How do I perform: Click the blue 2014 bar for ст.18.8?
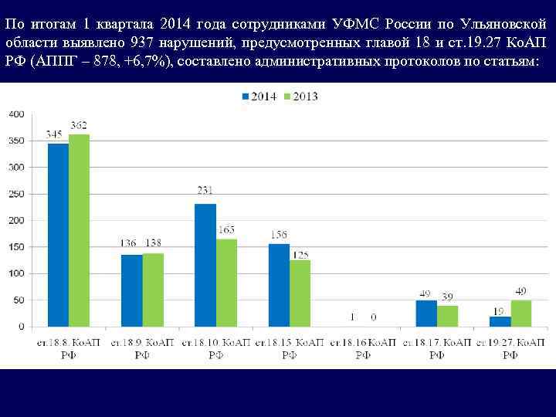(58, 235)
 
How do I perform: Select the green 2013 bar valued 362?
(79, 230)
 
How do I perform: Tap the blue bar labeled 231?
(205, 265)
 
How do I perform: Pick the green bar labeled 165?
(226, 283)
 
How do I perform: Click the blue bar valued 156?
(279, 285)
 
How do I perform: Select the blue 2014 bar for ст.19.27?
(500, 321)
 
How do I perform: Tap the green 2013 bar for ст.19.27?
(521, 314)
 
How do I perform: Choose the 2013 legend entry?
(300, 97)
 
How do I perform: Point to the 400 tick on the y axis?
(17, 114)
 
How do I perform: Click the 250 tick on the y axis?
(17, 194)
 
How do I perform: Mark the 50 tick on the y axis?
(19, 300)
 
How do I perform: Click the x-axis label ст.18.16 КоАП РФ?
(363, 347)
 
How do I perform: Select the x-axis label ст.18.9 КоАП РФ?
(142, 347)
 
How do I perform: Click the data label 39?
(448, 297)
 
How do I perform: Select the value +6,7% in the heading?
(151, 61)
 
